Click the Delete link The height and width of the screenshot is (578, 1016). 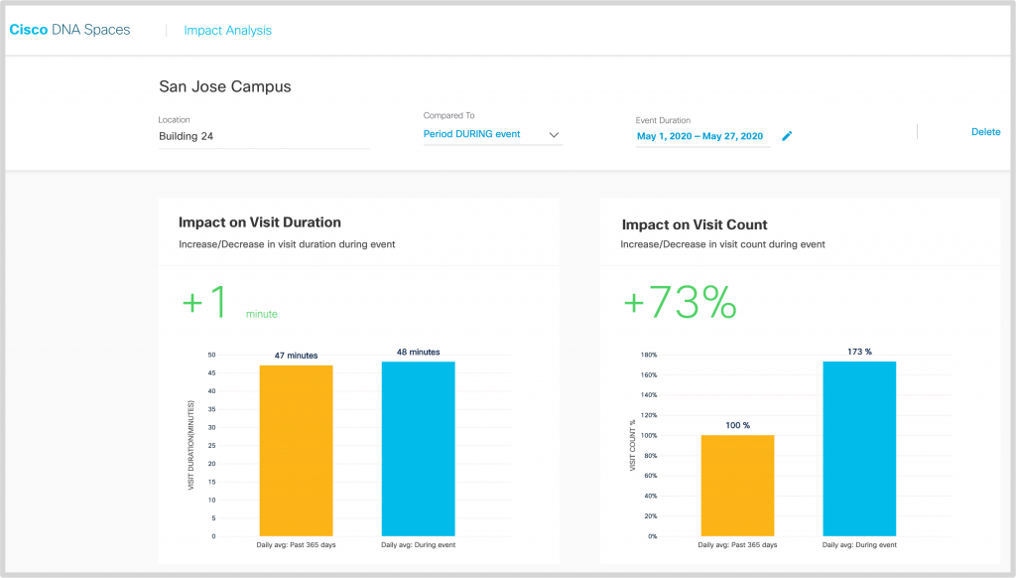click(985, 132)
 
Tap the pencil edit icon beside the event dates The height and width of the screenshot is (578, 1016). click(787, 136)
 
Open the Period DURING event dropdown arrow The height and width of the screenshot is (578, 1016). click(554, 135)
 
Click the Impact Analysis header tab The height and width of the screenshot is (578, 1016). click(227, 31)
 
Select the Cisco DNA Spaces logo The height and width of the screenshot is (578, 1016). click(69, 30)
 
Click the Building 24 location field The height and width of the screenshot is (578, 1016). click(263, 136)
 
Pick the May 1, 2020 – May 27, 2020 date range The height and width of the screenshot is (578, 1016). click(699, 136)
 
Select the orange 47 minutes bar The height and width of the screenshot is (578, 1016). click(297, 451)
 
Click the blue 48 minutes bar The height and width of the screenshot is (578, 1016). click(418, 449)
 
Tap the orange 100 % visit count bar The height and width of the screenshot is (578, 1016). click(737, 486)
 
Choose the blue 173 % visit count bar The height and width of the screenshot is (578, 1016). click(859, 449)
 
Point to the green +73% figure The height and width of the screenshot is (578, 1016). click(680, 303)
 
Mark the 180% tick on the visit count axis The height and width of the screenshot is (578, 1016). click(650, 355)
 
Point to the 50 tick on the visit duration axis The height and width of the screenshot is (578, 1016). click(211, 355)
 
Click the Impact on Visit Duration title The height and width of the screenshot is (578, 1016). click(259, 223)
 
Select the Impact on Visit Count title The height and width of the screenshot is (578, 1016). click(695, 224)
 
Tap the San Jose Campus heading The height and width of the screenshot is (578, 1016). click(225, 87)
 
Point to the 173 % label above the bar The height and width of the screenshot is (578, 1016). click(859, 352)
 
